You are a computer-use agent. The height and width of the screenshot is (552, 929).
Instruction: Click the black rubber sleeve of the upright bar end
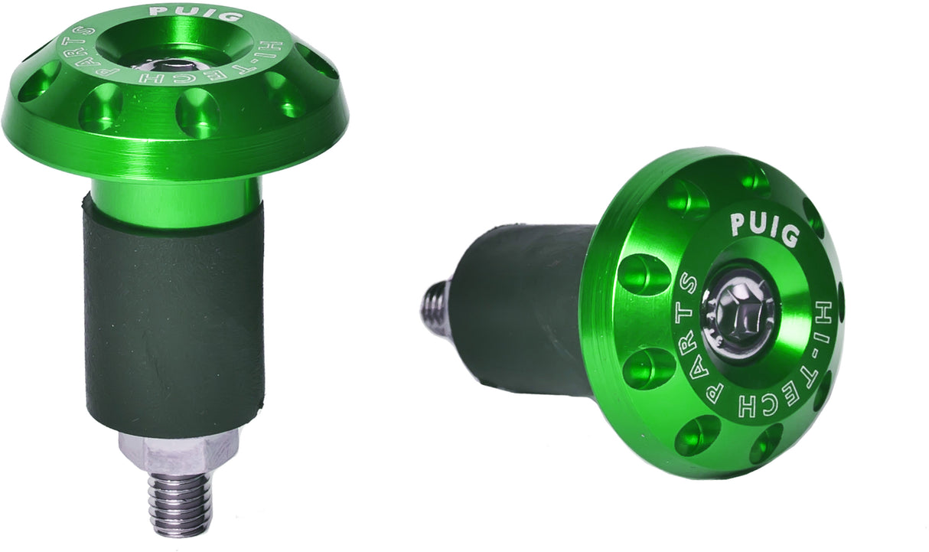point(174,322)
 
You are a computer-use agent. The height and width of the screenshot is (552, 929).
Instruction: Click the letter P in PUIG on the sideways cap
point(738,223)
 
